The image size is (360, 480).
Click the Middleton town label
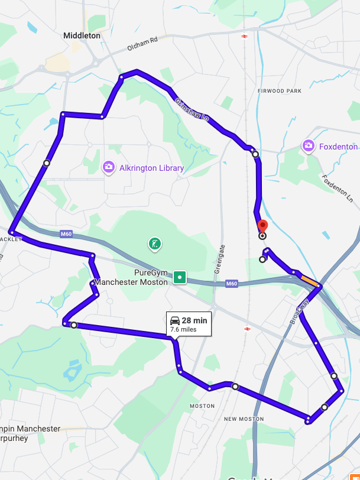click(82, 35)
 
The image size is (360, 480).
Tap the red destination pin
click(263, 226)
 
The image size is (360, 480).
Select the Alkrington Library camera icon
click(109, 168)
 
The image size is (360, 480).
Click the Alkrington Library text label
click(151, 168)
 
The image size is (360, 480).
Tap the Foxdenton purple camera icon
click(308, 146)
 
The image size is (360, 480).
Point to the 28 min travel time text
click(194, 320)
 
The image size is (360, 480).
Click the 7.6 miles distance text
click(183, 329)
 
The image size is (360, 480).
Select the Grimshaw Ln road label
click(193, 110)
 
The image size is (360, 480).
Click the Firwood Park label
click(280, 91)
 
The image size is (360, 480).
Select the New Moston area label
click(244, 419)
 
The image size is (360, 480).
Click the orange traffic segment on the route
click(308, 279)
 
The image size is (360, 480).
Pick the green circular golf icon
click(154, 244)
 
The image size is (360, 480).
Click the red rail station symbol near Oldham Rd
click(244, 36)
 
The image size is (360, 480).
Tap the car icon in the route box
click(175, 320)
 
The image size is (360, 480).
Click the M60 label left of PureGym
click(66, 234)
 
